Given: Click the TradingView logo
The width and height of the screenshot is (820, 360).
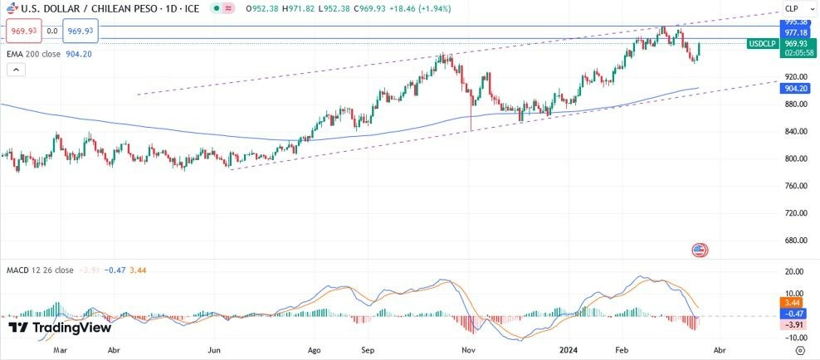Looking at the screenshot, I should click(59, 328).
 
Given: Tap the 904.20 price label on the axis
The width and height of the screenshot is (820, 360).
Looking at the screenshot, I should click(796, 88).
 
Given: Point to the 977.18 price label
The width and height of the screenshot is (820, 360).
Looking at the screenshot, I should click(796, 32).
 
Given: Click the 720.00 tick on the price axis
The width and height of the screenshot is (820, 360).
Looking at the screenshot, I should click(795, 213).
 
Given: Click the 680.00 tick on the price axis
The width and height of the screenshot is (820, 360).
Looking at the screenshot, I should click(795, 241).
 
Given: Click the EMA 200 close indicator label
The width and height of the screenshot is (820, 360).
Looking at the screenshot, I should click(49, 54).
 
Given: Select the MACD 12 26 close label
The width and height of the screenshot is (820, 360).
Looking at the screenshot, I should click(40, 270).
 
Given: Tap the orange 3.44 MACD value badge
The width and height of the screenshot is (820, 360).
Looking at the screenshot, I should click(796, 304).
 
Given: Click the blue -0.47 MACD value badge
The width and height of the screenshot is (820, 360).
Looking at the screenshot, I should click(796, 314).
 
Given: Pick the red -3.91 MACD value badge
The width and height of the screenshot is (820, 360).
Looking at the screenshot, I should click(796, 324).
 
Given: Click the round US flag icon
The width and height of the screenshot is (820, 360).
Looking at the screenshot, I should click(699, 250).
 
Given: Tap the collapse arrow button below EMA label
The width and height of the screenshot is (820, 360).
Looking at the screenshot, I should click(16, 71).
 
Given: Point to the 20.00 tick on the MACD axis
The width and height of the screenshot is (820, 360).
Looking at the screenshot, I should click(795, 272).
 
